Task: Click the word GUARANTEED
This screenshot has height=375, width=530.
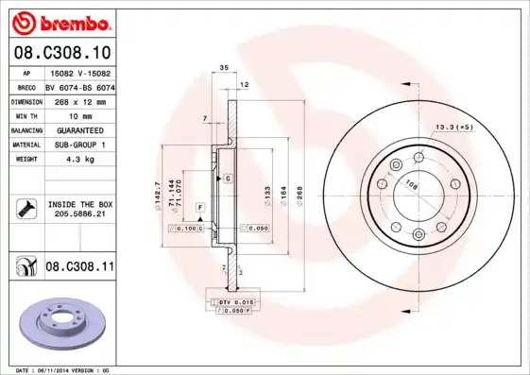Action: (x=74, y=129)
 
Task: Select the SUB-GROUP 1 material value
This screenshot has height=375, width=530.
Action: (x=75, y=145)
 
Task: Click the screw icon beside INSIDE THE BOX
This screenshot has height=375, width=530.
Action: (x=23, y=209)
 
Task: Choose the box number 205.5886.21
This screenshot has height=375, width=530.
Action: (x=79, y=214)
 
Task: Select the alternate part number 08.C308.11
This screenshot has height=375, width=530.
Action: (x=79, y=268)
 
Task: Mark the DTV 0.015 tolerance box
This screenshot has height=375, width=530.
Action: (x=231, y=301)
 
